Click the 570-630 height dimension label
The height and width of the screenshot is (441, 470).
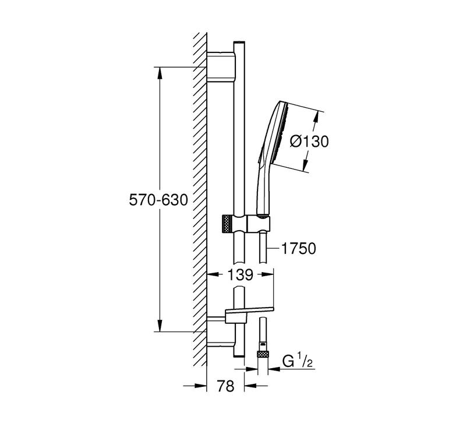click(158, 200)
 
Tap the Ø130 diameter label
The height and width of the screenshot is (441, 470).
click(309, 141)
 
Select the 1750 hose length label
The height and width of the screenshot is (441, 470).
click(299, 249)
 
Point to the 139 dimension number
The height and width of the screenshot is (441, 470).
click(241, 274)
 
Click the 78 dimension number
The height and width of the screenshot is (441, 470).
click(226, 386)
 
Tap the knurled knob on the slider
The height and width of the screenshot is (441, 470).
click(227, 223)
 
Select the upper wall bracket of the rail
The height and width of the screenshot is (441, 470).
click(221, 66)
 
